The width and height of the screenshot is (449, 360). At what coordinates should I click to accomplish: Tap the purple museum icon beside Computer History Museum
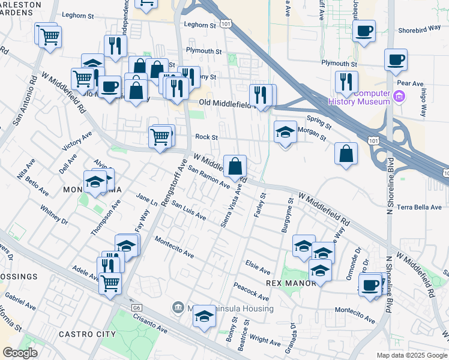tap(398, 95)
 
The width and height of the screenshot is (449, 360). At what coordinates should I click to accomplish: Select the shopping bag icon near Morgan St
tap(346, 154)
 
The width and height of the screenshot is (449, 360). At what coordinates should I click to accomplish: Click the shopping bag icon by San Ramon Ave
tap(235, 165)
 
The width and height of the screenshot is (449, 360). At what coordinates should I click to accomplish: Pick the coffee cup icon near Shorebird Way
tap(364, 30)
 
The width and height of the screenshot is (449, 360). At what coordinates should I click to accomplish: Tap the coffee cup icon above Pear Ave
tap(396, 59)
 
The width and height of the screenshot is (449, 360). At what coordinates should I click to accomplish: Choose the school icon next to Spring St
tap(285, 131)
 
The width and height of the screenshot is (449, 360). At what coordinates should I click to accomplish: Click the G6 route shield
tap(137, 307)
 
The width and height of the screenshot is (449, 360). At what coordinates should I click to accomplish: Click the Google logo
tap(20, 353)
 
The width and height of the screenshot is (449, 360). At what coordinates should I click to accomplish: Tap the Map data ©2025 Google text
tap(411, 355)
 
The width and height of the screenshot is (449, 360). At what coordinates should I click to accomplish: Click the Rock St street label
tap(206, 137)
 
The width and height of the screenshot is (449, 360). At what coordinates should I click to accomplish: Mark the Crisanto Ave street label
tap(150, 324)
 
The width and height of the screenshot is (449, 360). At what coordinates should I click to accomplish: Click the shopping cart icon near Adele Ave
tap(110, 283)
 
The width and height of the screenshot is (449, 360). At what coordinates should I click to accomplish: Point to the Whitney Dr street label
tap(54, 217)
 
